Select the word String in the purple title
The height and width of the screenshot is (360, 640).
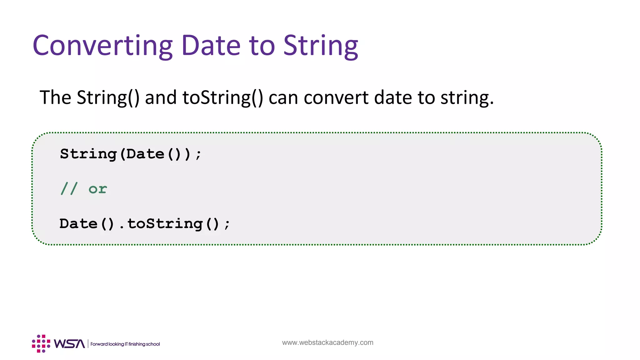321,46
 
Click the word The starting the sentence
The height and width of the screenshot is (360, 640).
55,97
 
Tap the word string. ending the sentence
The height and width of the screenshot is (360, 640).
467,97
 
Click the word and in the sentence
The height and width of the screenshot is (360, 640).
161,97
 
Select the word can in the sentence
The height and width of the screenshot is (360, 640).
283,97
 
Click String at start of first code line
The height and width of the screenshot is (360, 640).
88,154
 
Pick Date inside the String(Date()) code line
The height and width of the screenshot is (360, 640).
145,154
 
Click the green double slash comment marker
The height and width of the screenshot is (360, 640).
69,189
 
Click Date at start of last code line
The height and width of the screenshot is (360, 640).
78,224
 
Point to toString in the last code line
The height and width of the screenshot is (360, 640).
165,224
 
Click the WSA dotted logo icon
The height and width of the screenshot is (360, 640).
41,344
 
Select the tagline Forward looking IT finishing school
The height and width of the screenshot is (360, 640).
125,344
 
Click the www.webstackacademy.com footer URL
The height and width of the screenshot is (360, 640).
327,342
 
